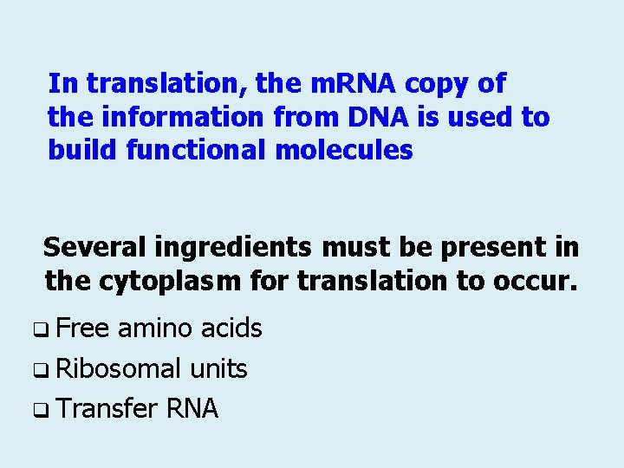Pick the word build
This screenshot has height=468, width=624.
pyautogui.click(x=83, y=150)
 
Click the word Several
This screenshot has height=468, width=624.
pyautogui.click(x=94, y=248)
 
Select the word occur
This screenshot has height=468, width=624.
pyautogui.click(x=536, y=281)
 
